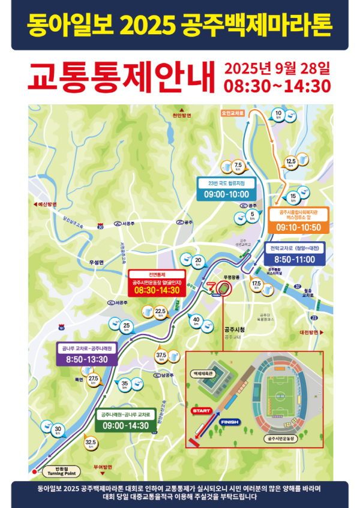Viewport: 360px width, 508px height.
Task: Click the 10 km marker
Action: (278, 115)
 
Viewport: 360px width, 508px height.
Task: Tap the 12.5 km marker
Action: (291, 162)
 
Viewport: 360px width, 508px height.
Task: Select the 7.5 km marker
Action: (238, 166)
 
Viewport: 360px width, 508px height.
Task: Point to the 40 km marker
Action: (196, 321)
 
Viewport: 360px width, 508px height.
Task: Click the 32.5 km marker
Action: (91, 444)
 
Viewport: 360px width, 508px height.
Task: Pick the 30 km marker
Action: (58, 429)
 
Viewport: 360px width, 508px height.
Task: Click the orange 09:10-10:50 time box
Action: (298, 227)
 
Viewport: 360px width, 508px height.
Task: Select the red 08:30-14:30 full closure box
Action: (157, 290)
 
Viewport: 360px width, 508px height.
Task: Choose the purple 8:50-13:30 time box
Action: (83, 359)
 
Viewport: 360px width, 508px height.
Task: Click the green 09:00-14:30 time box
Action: (125, 425)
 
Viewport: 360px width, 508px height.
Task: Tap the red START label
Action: (201, 411)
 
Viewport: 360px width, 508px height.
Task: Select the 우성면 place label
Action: (96, 263)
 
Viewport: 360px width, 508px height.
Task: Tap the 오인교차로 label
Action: (233, 112)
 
